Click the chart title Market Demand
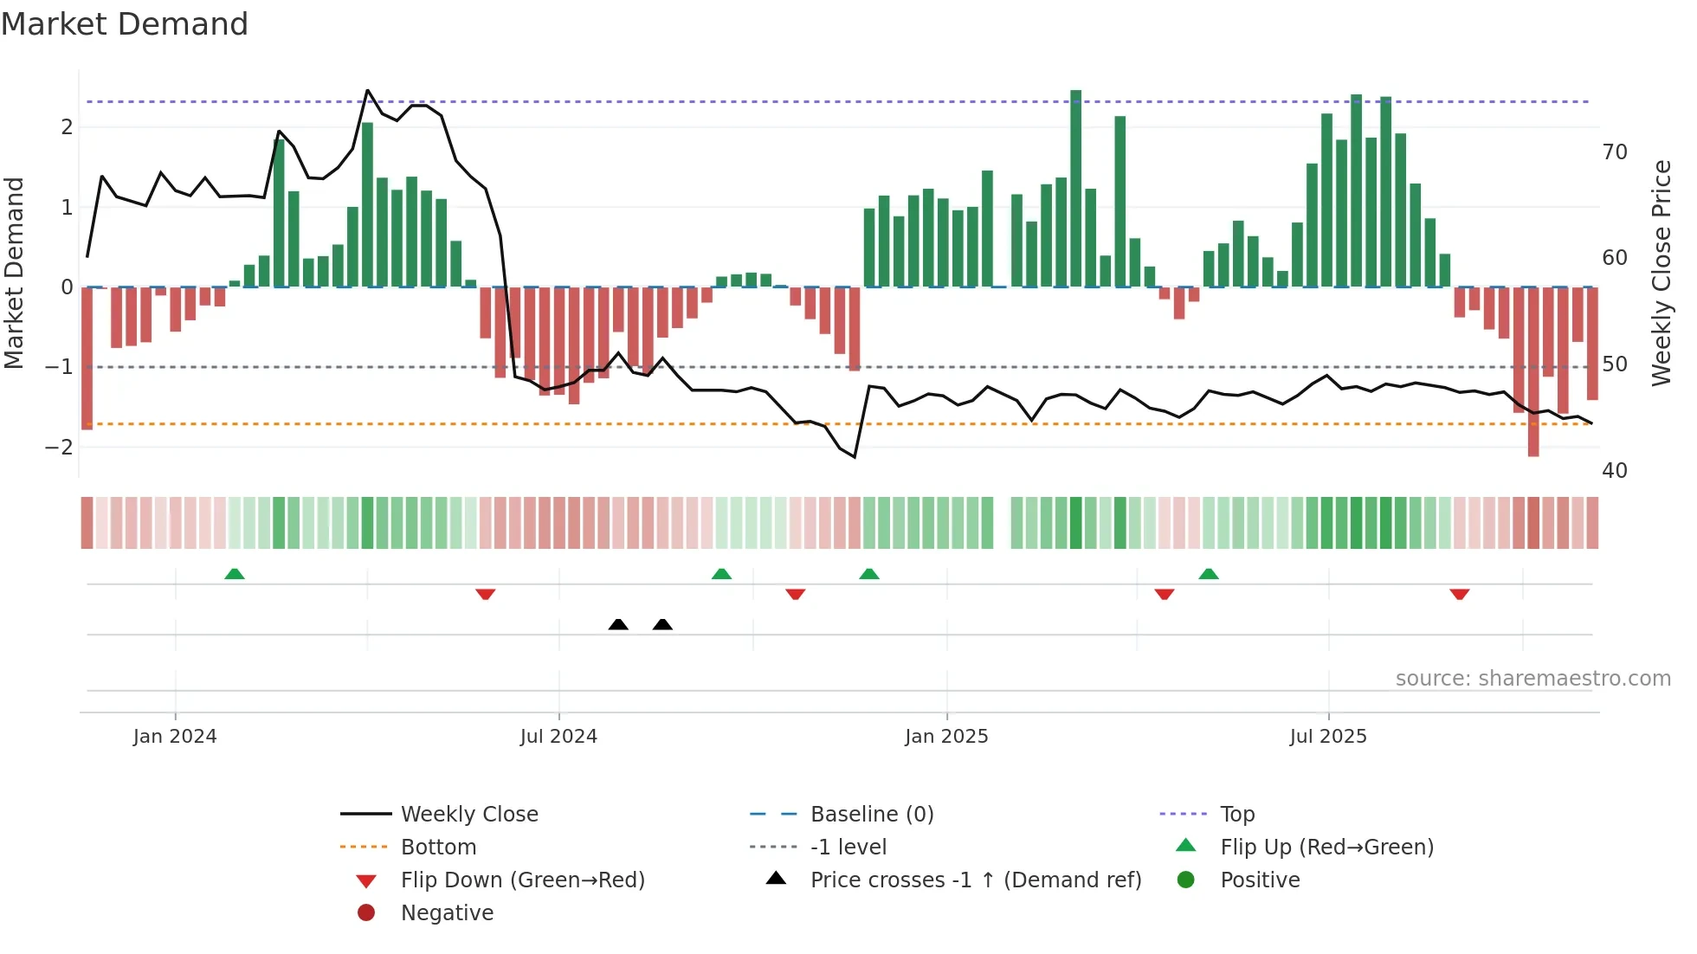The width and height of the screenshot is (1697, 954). (x=125, y=24)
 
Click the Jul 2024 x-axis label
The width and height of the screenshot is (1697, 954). (x=558, y=736)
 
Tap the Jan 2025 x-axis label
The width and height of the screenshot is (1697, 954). (x=946, y=736)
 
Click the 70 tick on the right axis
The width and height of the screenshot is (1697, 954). (x=1615, y=152)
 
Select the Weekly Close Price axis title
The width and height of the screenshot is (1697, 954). (x=1661, y=273)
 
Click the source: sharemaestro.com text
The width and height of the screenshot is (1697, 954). (x=1532, y=678)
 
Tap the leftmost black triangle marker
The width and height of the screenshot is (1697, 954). (x=618, y=624)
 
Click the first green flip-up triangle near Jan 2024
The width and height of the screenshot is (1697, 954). (x=235, y=573)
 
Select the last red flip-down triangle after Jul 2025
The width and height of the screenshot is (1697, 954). (x=1460, y=594)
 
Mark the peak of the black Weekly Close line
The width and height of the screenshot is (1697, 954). (x=368, y=90)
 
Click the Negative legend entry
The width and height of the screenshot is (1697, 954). (x=446, y=912)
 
